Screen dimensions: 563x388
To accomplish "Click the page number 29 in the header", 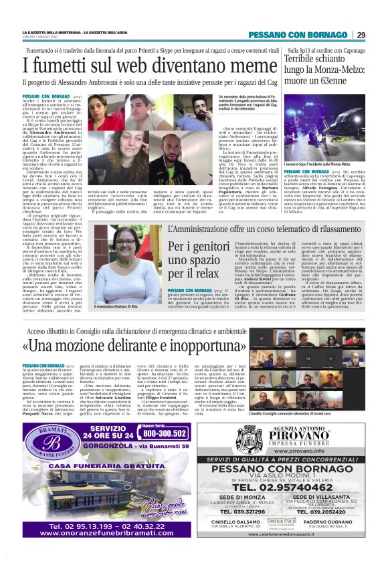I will click(x=361, y=35).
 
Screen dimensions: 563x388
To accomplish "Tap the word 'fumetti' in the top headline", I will click(x=64, y=67).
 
